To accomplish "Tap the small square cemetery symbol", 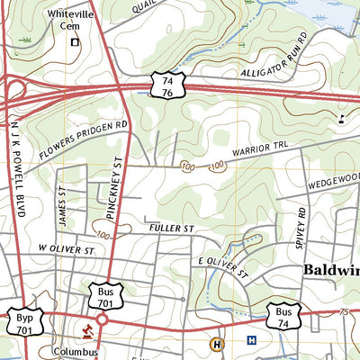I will coord(76,41).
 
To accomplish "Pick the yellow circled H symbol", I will coord(216,343).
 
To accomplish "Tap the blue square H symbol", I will coord(252,340).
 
